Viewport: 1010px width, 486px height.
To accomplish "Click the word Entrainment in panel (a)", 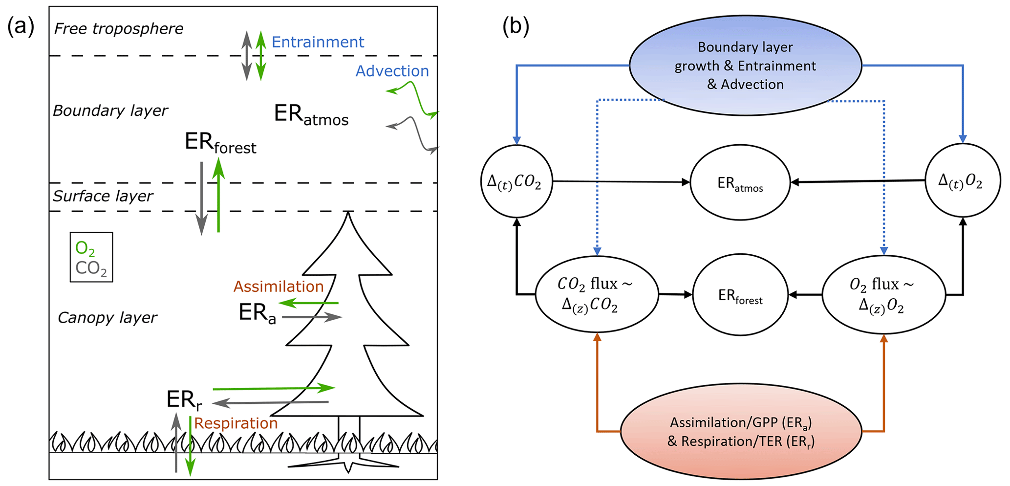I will pyautogui.click(x=318, y=42).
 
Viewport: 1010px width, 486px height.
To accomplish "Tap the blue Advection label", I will pyautogui.click(x=392, y=71).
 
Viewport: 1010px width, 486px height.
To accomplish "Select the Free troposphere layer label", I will pyautogui.click(x=119, y=29).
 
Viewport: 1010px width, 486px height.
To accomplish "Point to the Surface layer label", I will pyautogui.click(x=103, y=196).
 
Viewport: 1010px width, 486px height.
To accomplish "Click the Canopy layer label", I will pyautogui.click(x=107, y=318).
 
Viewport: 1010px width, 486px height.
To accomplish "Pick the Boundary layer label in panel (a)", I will pyautogui.click(x=110, y=110).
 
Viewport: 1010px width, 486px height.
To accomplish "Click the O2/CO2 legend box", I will pyautogui.click(x=91, y=257).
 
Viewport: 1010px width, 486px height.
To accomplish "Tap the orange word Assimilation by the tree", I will pyautogui.click(x=279, y=286).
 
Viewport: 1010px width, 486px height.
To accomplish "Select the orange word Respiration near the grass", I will pyautogui.click(x=236, y=423).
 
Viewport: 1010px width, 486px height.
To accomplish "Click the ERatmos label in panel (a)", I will pyautogui.click(x=311, y=115).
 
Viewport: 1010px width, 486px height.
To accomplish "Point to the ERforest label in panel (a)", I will pyautogui.click(x=220, y=143).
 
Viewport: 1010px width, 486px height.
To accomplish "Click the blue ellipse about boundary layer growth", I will pyautogui.click(x=745, y=66).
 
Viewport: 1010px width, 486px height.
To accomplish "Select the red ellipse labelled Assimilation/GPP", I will pyautogui.click(x=741, y=432).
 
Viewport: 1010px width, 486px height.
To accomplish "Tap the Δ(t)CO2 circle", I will pyautogui.click(x=516, y=181).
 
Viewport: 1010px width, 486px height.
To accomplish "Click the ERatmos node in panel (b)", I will pyautogui.click(x=740, y=182).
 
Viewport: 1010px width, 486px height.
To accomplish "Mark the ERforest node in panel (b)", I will pyautogui.click(x=740, y=295).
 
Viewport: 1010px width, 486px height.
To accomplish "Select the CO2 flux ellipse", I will pyautogui.click(x=596, y=294).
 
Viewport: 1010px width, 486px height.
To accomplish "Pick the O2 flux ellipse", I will pyautogui.click(x=883, y=294).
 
